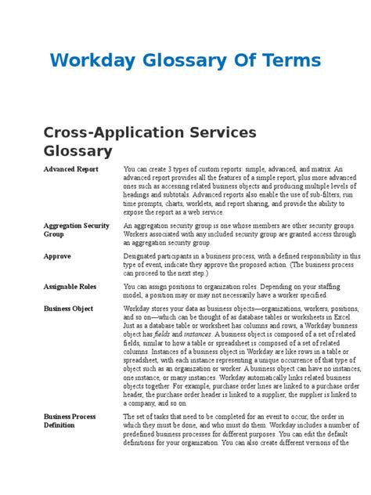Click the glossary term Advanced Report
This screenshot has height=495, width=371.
click(x=71, y=169)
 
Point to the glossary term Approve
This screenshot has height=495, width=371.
click(x=58, y=255)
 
